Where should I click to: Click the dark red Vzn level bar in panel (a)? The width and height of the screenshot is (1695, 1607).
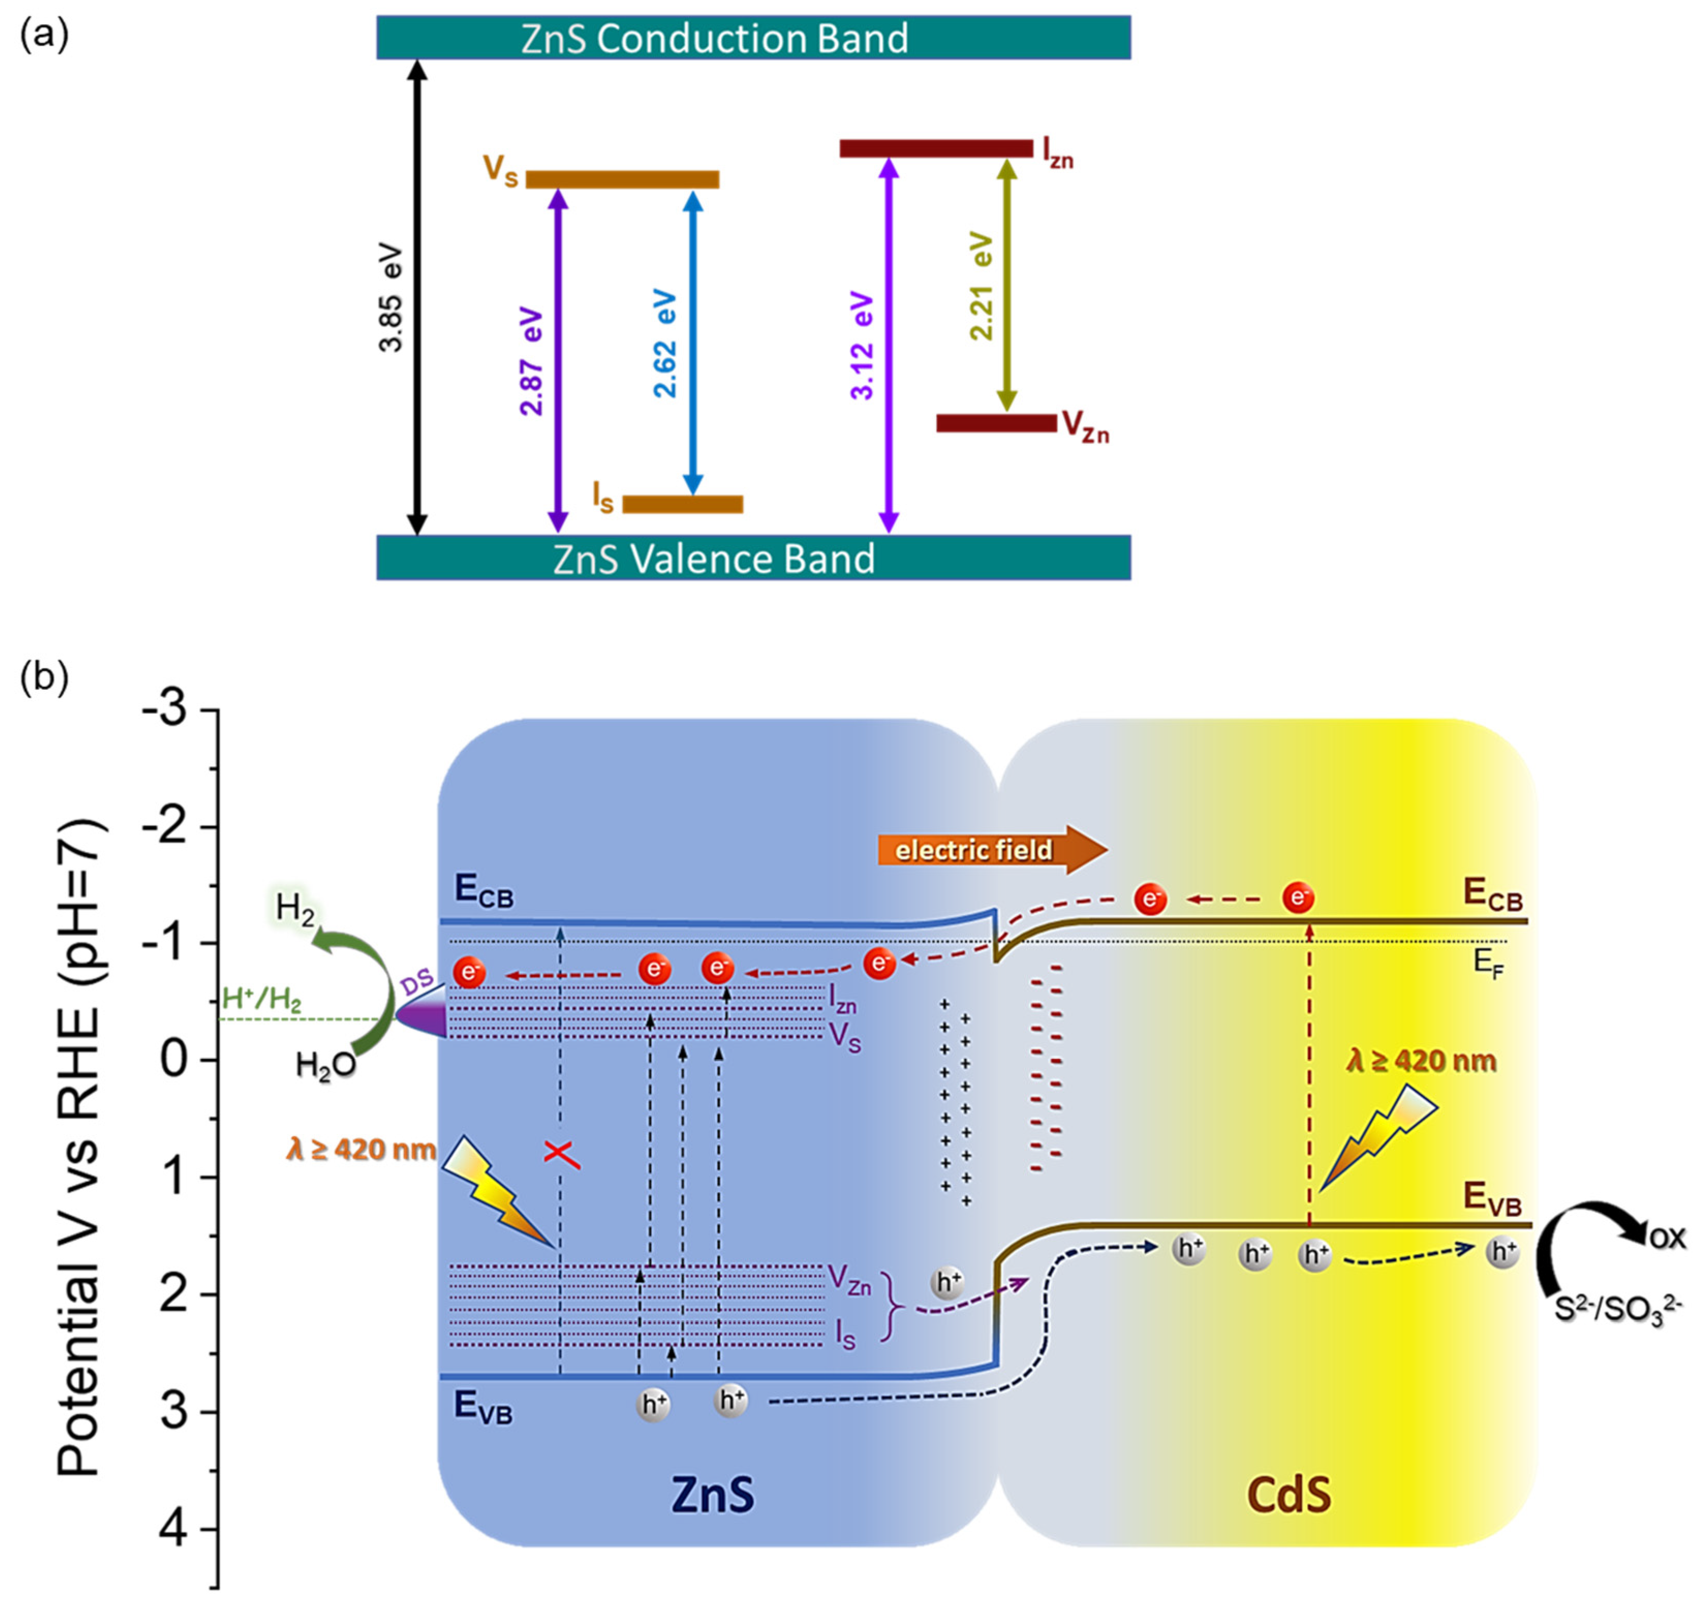click(x=995, y=423)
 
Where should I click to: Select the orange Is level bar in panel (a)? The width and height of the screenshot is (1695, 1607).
click(x=682, y=504)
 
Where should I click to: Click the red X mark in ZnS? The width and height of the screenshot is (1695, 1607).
click(x=562, y=1155)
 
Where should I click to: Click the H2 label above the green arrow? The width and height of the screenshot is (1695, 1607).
click(x=294, y=910)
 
